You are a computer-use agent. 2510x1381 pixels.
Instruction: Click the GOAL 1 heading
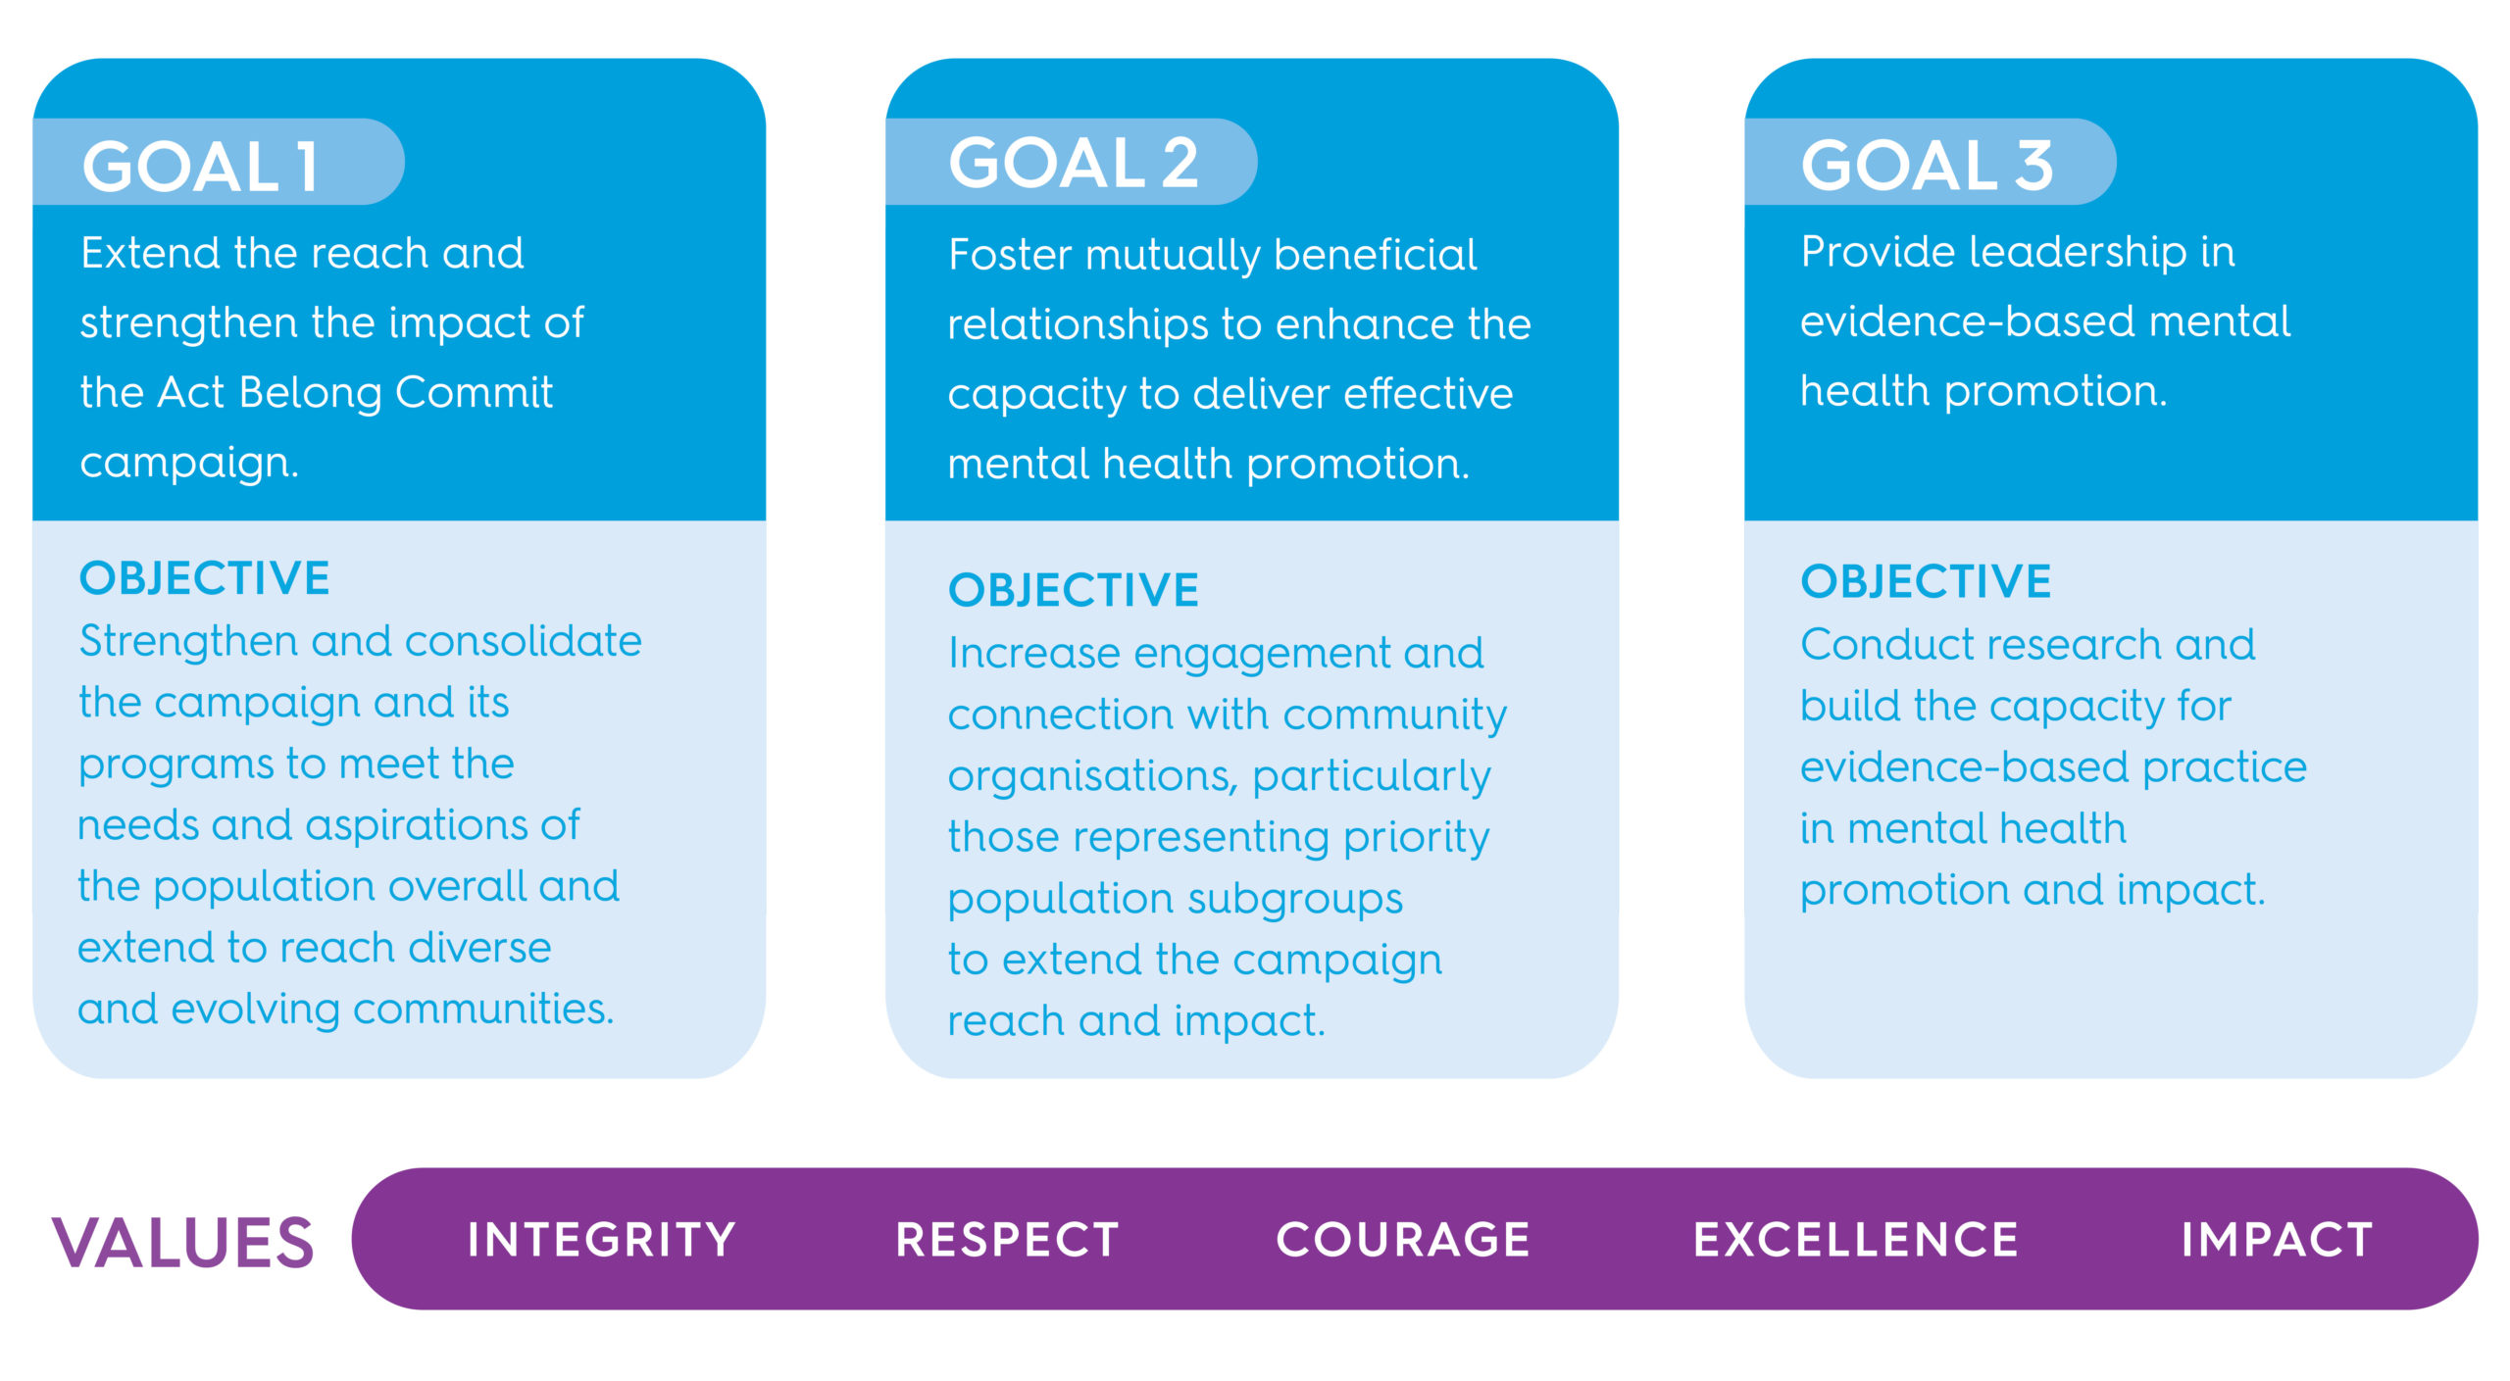pyautogui.click(x=200, y=166)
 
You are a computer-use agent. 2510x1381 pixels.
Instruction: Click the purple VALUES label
pyautogui.click(x=183, y=1242)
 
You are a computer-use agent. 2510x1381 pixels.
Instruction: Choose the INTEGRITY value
pyautogui.click(x=601, y=1240)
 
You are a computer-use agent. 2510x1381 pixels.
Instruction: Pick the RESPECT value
pyautogui.click(x=1007, y=1240)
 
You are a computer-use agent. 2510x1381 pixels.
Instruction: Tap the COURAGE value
pyautogui.click(x=1403, y=1240)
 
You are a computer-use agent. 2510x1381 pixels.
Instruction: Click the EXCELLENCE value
pyautogui.click(x=1856, y=1240)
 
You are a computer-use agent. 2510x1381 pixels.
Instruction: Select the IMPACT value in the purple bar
pyautogui.click(x=2277, y=1240)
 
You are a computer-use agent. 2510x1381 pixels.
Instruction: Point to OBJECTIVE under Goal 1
pyautogui.click(x=204, y=578)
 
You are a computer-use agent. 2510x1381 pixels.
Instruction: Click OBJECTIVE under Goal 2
pyautogui.click(x=1074, y=590)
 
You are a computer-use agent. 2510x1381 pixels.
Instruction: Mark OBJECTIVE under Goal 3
pyautogui.click(x=1926, y=581)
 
